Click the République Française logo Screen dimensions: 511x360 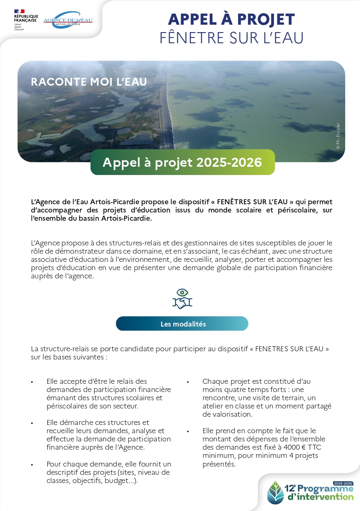click(26, 19)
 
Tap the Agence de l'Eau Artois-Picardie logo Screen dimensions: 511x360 click(68, 20)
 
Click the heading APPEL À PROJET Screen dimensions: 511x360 click(231, 19)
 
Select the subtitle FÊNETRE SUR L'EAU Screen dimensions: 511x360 click(231, 38)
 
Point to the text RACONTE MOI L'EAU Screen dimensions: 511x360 click(89, 82)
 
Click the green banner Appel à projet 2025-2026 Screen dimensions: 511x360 click(182, 162)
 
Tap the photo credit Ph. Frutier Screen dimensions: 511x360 click(338, 136)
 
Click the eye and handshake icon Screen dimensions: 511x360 click(182, 299)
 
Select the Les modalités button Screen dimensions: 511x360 click(182, 324)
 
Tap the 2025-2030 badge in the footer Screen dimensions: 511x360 click(343, 483)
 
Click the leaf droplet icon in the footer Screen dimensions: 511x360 click(275, 492)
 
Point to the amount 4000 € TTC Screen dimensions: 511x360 click(303, 447)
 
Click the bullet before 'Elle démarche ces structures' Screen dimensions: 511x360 click(32, 423)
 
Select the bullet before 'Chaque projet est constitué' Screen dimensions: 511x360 click(188, 382)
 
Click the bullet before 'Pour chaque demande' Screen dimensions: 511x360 click(32, 464)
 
